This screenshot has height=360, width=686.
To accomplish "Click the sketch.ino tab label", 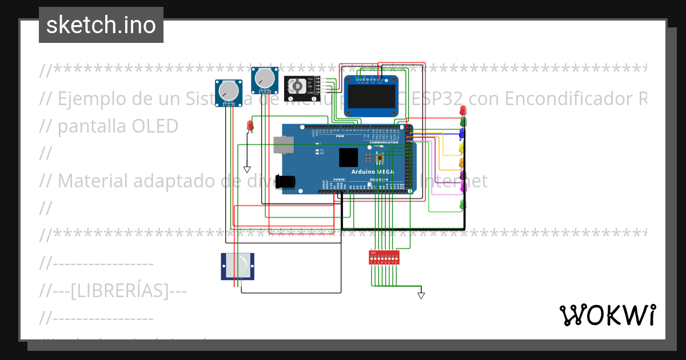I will pos(101,25).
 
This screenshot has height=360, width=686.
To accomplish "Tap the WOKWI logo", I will pos(607,315).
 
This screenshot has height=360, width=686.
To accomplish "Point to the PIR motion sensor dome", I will pos(237,265).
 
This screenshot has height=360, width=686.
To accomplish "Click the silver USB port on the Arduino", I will pos(283,145).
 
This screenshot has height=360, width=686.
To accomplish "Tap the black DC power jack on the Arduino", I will pos(285,182).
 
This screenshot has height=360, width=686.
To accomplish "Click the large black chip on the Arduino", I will pos(348,157).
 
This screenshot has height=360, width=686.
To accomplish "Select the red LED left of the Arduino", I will pos(250,125).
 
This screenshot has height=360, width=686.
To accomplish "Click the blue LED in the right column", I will pos(462,133).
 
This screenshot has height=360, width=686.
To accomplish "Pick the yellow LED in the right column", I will pos(462,148).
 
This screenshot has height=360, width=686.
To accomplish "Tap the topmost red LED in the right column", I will pos(463,109).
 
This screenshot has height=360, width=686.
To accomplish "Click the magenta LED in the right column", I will pos(462,187).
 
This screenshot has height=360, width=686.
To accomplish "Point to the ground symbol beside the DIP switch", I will pos(421,295).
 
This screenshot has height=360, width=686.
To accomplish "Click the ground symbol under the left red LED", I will pos(247,169).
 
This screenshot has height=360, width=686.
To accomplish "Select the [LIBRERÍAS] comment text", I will pos(119,291).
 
